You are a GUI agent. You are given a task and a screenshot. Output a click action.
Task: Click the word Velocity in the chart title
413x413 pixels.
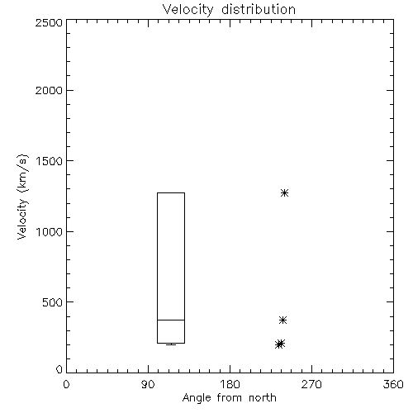(x=188, y=9)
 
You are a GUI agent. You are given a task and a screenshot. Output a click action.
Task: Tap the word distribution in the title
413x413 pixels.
(x=259, y=9)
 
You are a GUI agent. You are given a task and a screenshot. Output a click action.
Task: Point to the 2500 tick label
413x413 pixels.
(x=49, y=22)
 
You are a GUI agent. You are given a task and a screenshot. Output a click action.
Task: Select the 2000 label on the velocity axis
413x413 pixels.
(x=49, y=90)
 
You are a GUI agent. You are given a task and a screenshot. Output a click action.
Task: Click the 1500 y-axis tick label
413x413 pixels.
(x=50, y=161)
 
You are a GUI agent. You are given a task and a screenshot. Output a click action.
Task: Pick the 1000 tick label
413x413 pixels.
(x=50, y=231)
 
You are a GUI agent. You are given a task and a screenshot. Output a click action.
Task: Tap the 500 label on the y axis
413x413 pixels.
(x=53, y=302)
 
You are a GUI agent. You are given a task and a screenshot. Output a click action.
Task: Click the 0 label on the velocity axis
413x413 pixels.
(x=59, y=369)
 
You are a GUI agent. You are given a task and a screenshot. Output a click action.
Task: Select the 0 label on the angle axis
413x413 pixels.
(x=66, y=384)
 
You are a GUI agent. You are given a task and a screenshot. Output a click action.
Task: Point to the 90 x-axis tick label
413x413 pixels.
(x=148, y=384)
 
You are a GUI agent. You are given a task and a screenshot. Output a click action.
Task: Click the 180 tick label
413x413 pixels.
(x=230, y=384)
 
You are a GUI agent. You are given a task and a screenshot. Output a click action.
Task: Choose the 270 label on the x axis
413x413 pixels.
(x=311, y=384)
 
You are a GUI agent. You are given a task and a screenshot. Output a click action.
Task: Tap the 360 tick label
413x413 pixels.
(x=393, y=384)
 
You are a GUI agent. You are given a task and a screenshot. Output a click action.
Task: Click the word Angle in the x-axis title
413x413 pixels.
(x=197, y=398)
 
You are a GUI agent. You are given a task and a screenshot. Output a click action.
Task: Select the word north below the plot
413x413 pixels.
(x=263, y=398)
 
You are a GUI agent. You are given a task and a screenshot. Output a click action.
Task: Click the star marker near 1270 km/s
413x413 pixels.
(x=284, y=192)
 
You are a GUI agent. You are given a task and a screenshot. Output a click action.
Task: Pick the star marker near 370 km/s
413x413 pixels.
(x=282, y=320)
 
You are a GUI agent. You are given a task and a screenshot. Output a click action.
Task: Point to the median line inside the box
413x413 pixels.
(x=171, y=320)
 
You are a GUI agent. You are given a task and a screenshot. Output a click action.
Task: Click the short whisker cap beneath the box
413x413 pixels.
(x=171, y=344)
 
